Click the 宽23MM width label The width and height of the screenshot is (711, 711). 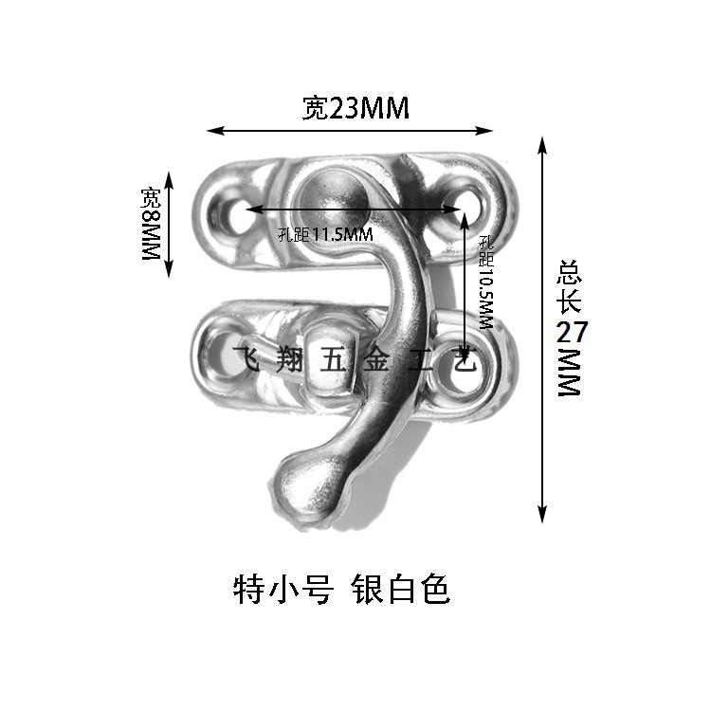355,109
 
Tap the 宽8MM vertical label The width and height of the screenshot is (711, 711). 152,225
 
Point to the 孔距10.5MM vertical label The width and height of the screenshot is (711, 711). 486,282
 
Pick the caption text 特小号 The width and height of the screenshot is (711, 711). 282,590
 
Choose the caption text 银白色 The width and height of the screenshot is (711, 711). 399,590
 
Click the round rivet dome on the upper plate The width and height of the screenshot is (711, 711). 329,192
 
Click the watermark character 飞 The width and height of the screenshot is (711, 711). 245,359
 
